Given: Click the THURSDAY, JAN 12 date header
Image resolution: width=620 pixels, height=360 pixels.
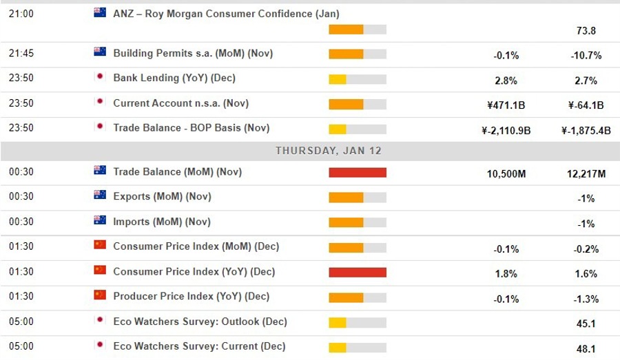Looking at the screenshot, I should click(328, 150).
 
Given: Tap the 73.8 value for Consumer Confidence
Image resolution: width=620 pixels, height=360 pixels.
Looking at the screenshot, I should click(586, 30).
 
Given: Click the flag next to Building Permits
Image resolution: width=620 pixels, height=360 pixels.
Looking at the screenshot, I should click(100, 52).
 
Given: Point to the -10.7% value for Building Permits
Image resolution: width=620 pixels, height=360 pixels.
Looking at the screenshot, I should click(588, 56).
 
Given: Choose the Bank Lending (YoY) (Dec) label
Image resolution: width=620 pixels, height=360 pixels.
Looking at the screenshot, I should click(174, 78).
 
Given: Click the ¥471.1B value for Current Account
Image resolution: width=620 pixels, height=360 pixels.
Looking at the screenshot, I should click(506, 105).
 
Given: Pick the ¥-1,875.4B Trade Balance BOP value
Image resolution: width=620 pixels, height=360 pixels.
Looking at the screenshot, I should click(586, 131).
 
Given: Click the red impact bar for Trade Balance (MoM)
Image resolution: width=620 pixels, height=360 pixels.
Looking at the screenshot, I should click(358, 173).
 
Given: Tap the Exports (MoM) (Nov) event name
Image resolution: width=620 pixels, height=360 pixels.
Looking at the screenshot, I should click(162, 197).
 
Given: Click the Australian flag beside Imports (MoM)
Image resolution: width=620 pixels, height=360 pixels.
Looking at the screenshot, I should click(100, 220).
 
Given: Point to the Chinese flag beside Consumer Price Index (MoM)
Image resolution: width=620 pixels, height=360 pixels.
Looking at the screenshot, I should click(100, 245).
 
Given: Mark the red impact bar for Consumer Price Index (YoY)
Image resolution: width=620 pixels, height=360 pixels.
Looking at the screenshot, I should click(358, 272).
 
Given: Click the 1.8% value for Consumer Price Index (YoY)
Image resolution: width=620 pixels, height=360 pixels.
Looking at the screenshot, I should click(506, 274).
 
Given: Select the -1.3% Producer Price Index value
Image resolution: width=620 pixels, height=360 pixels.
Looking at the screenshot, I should click(586, 299).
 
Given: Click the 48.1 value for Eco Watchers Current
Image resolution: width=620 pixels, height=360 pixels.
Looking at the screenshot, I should click(586, 348).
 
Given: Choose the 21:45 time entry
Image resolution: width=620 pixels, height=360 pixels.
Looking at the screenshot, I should click(21, 53).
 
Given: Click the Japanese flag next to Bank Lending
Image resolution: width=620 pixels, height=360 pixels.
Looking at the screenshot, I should click(100, 77).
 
